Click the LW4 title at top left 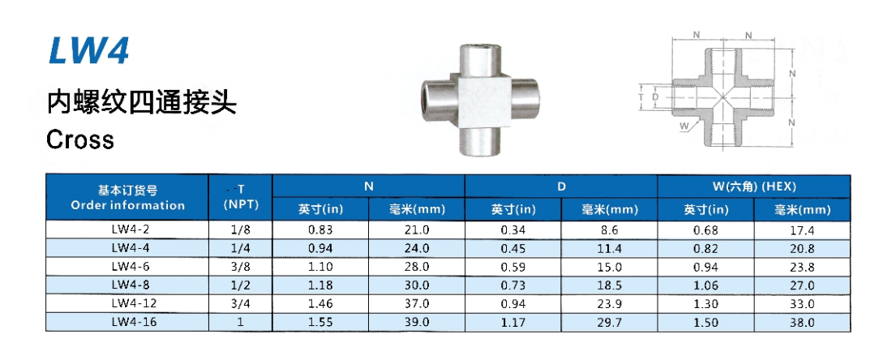click(x=89, y=50)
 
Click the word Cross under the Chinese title click(x=80, y=139)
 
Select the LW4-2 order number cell click(x=127, y=230)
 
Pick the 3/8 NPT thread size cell click(x=241, y=267)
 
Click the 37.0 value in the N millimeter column click(x=417, y=304)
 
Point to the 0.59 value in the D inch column click(x=513, y=267)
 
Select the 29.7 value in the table click(x=610, y=322)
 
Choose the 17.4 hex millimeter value click(x=803, y=230)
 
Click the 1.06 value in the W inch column click(x=706, y=285)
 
